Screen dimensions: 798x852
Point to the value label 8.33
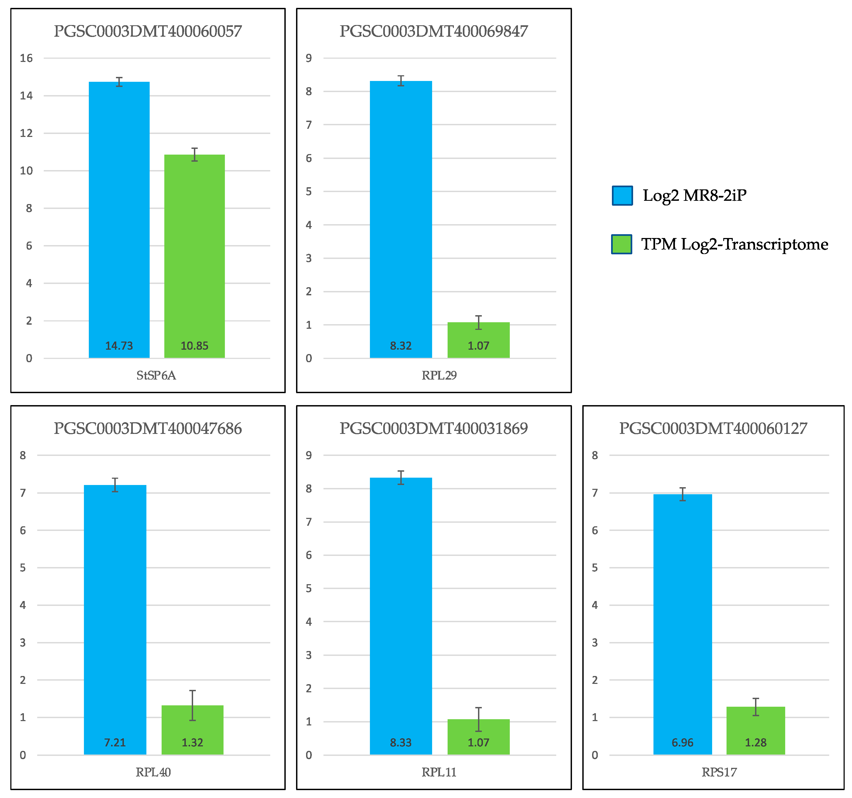[400, 743]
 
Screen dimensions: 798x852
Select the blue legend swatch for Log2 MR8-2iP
[622, 196]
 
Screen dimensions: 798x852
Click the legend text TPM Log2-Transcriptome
[734, 245]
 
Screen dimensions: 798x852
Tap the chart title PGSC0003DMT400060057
[147, 31]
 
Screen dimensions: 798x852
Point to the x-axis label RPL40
[153, 772]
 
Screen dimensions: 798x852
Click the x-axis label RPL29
[439, 375]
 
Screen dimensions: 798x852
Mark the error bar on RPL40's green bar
[193, 705]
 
